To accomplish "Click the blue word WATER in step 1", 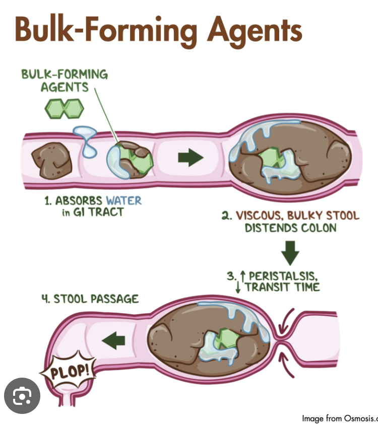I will [123, 200].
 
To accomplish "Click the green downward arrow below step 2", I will [290, 252].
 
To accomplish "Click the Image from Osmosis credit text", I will [339, 418].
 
